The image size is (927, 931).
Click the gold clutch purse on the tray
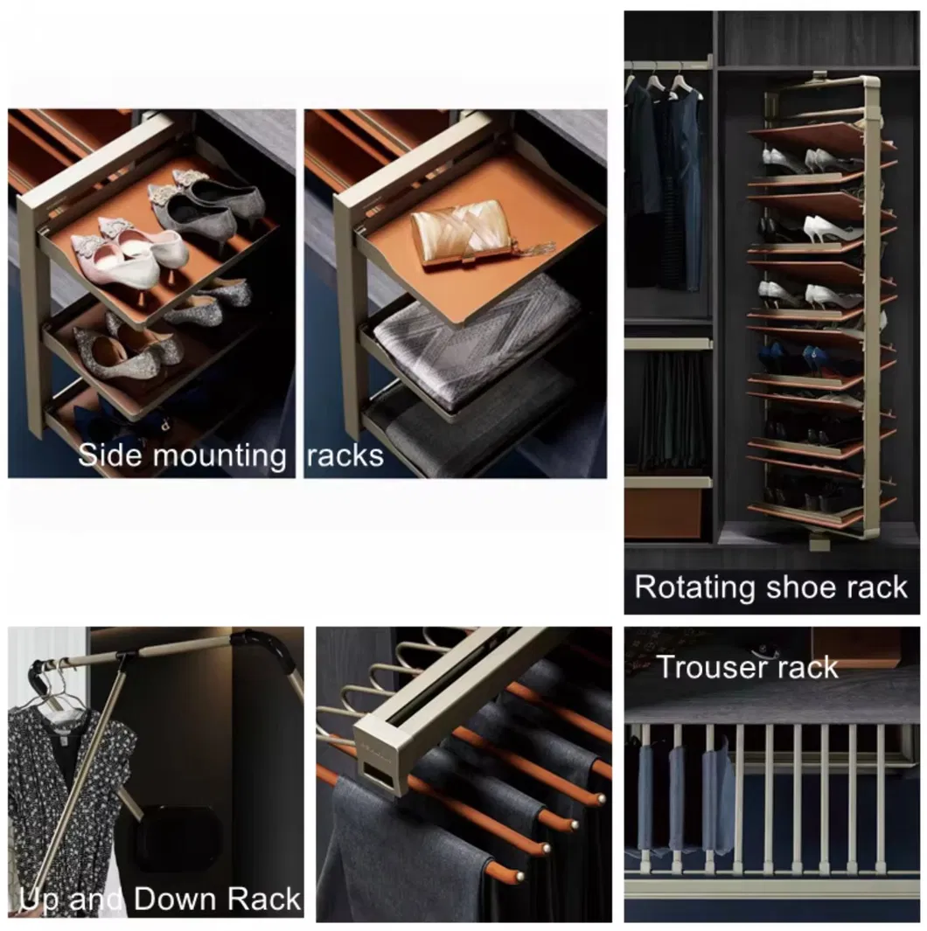click(x=460, y=232)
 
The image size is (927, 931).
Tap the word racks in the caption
click(x=346, y=455)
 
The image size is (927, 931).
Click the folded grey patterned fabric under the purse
click(x=477, y=337)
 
